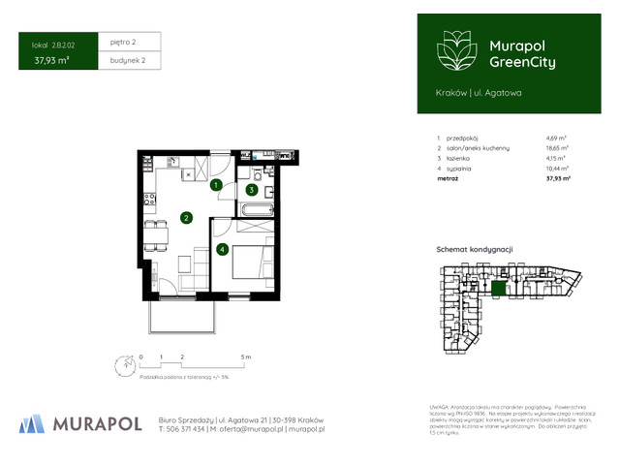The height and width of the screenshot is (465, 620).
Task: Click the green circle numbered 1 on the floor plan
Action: point(217,184)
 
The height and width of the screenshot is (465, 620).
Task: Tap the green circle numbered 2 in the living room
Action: point(185,218)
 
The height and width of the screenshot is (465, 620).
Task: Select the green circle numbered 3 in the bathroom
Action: point(251,190)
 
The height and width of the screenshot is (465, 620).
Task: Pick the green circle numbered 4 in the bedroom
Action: point(222,250)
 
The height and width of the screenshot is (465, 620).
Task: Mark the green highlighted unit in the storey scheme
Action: point(499,288)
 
